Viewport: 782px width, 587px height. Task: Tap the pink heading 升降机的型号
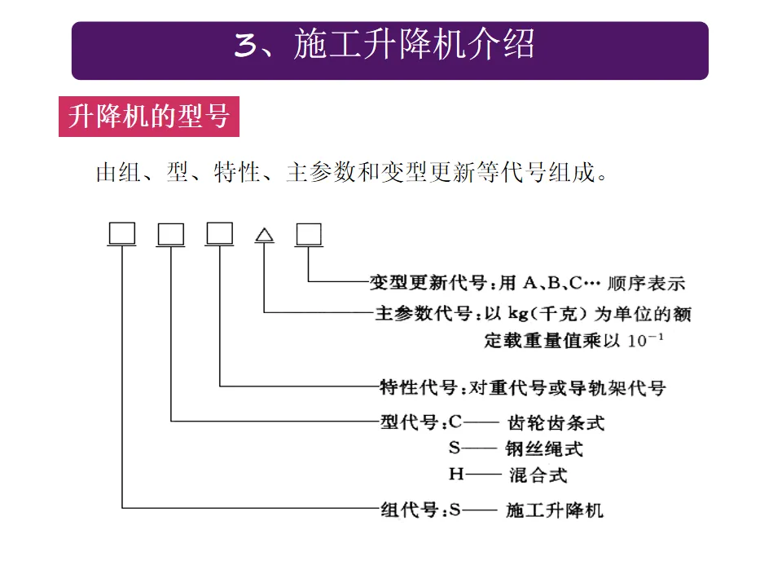[x=148, y=117]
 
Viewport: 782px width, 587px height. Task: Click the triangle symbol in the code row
[x=264, y=235]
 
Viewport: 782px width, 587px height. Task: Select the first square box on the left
[x=121, y=234]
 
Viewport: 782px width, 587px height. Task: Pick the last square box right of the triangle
[x=309, y=234]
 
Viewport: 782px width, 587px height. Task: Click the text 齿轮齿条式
[x=556, y=423]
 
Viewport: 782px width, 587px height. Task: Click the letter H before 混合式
[x=455, y=474]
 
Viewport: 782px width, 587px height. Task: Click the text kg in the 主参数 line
[x=518, y=315]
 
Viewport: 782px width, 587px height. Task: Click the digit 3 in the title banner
[x=244, y=46]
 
